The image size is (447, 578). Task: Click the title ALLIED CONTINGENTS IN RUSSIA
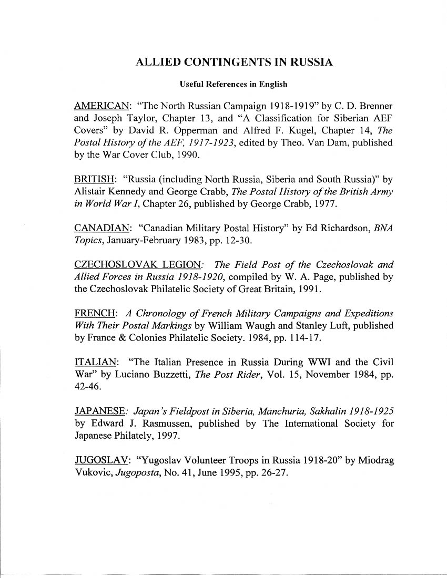(234, 62)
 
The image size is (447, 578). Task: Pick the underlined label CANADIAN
(102, 228)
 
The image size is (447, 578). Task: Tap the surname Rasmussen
(155, 423)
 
